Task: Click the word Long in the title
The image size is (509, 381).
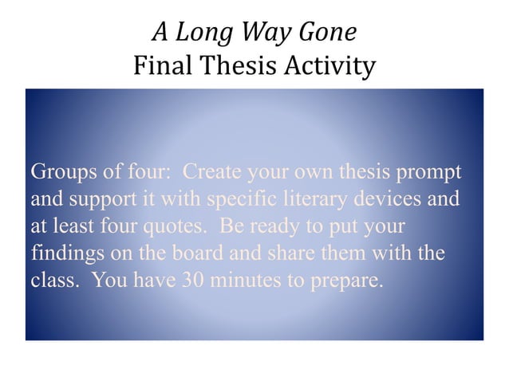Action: (x=200, y=33)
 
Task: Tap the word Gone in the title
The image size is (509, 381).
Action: (x=326, y=33)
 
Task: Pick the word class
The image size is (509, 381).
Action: (x=54, y=281)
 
